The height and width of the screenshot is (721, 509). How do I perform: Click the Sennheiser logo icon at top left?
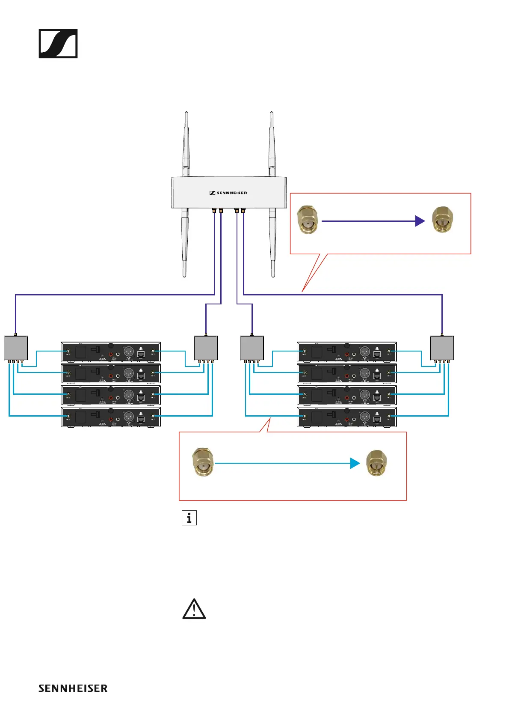click(58, 44)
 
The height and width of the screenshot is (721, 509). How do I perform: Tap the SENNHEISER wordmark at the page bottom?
click(73, 688)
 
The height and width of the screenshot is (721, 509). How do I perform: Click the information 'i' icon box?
click(189, 518)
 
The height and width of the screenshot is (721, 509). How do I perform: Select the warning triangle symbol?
click(194, 609)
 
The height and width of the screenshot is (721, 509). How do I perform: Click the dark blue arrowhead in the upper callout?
click(420, 221)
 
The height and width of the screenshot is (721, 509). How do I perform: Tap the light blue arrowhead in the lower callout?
click(355, 463)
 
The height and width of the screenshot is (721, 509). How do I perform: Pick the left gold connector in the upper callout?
click(308, 220)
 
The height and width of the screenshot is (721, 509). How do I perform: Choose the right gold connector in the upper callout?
click(442, 220)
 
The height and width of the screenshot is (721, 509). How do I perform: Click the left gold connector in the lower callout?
click(203, 462)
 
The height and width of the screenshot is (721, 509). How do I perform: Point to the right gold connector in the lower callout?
click(376, 463)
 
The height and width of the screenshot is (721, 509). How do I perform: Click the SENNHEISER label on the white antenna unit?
click(228, 193)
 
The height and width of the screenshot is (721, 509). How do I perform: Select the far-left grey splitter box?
click(16, 348)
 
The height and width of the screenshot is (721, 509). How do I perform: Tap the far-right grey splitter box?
click(442, 348)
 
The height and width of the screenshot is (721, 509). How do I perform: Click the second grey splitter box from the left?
click(206, 348)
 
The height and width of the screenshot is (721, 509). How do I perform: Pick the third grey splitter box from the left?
click(252, 348)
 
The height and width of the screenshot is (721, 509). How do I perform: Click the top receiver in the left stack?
click(111, 352)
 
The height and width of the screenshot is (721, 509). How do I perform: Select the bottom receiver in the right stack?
click(347, 417)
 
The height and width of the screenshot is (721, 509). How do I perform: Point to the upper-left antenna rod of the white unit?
click(186, 143)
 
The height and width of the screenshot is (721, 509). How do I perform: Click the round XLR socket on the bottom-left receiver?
click(128, 416)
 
